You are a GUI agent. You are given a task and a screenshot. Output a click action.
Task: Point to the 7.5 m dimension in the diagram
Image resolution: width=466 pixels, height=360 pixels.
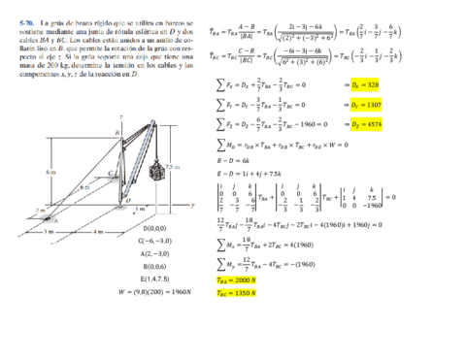coord(172,168)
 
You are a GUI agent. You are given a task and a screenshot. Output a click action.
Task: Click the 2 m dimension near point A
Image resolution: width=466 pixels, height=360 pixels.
coord(13,209)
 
